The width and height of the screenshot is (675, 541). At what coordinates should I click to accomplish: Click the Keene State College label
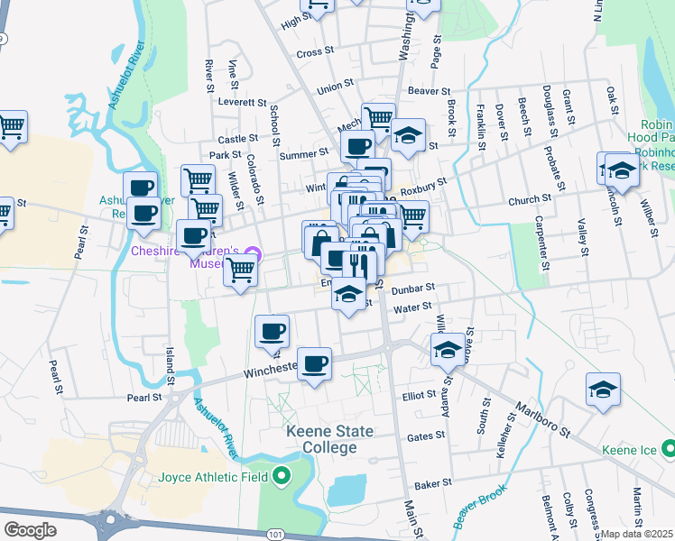click(x=329, y=440)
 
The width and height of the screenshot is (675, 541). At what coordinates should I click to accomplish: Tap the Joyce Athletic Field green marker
click(x=282, y=476)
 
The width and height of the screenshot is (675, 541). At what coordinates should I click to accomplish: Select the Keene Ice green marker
click(x=667, y=448)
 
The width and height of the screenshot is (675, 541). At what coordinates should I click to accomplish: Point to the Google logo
click(x=30, y=530)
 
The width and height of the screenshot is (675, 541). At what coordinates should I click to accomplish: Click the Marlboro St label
click(x=544, y=417)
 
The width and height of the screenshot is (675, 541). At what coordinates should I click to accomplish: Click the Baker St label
click(x=433, y=484)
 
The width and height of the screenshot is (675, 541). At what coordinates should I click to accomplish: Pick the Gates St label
click(x=426, y=436)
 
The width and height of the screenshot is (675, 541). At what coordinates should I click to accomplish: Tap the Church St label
click(x=529, y=199)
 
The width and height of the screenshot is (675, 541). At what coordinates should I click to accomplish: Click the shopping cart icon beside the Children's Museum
click(x=240, y=270)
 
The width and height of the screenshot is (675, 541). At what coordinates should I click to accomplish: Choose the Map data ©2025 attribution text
click(x=637, y=534)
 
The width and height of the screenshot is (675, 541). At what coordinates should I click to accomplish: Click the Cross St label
click(x=315, y=52)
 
